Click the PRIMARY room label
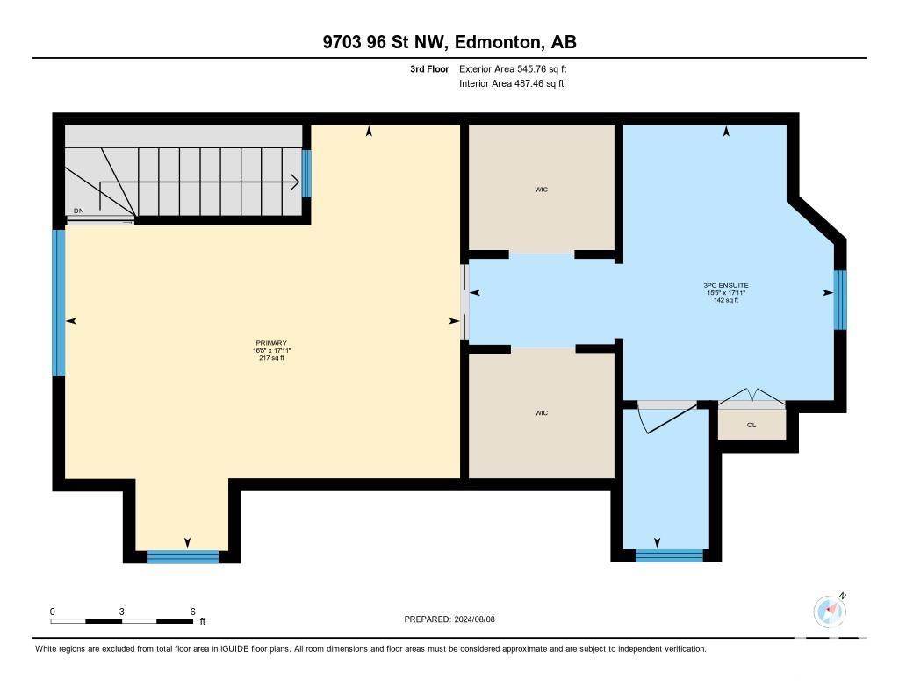coord(271,343)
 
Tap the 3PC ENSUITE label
coord(726,285)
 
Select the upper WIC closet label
coord(541,190)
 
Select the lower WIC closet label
coord(541,412)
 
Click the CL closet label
coord(752,425)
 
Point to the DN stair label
coord(78,211)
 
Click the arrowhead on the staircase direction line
coord(295,182)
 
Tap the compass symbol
coord(830,611)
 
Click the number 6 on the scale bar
coord(192,612)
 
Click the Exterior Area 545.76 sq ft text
coord(513,68)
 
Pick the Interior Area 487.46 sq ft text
coord(512,83)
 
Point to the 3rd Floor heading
coord(429,68)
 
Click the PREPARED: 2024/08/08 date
coord(449,619)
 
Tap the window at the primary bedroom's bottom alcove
coord(183,556)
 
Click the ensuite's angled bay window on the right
coord(840,300)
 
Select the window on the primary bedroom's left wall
coord(59,302)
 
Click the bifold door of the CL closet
coord(752,397)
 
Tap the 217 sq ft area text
coord(272,358)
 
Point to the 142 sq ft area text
coord(726,300)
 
